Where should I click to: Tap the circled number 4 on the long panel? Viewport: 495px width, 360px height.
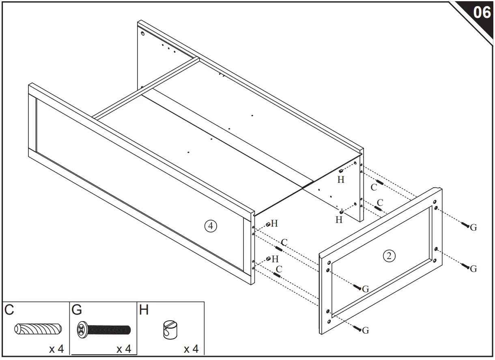click(210, 226)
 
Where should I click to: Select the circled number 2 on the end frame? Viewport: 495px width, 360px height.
click(389, 255)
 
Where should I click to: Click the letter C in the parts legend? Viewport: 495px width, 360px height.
click(9, 310)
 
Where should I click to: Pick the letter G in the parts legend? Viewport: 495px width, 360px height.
click(76, 310)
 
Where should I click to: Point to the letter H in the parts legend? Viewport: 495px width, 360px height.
click(144, 310)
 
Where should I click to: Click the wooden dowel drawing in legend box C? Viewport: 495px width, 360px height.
click(37, 329)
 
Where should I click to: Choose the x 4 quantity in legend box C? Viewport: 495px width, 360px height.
click(56, 349)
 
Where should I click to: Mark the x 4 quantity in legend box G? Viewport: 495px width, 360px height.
click(124, 349)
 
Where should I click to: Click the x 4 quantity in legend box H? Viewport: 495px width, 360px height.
click(191, 349)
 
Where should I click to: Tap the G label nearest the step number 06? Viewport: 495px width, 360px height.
click(473, 227)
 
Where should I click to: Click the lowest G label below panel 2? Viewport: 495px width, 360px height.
click(365, 330)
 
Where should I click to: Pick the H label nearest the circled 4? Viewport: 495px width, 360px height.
click(274, 223)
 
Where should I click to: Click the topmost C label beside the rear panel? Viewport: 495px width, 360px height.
click(374, 187)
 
